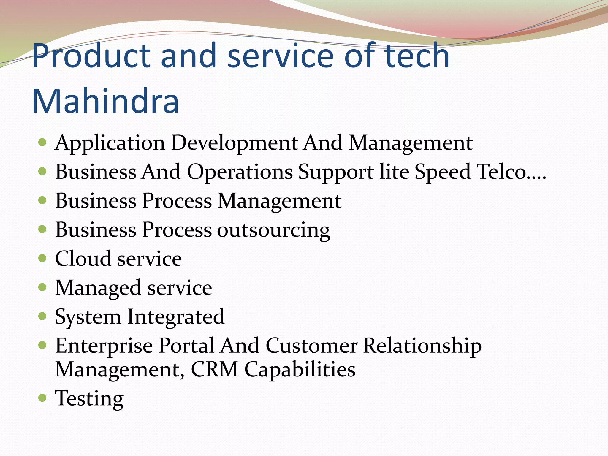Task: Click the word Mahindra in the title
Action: point(105,101)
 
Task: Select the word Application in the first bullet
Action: point(110,143)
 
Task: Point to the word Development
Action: point(235,143)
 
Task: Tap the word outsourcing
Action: point(273,230)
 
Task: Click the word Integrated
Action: point(176,317)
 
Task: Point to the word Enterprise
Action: point(104,346)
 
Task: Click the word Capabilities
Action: point(300,370)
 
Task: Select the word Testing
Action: point(89,398)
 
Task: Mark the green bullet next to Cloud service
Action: point(43,258)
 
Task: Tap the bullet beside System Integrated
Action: point(43,316)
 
